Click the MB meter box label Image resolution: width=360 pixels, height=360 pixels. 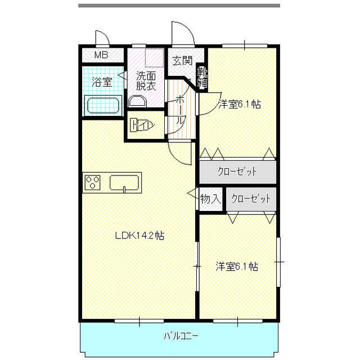click(101, 55)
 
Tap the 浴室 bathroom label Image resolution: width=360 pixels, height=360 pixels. click(102, 82)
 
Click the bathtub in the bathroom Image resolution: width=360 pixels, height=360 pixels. click(103, 105)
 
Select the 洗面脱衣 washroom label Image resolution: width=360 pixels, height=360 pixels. click(146, 80)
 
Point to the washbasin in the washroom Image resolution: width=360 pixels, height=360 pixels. click(137, 101)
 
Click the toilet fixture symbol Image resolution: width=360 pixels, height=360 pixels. click(142, 125)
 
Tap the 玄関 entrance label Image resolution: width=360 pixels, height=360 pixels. click(182, 61)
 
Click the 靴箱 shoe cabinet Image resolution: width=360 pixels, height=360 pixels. click(202, 77)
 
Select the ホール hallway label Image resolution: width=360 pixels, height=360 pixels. click(180, 110)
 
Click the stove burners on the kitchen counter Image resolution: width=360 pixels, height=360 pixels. click(92, 183)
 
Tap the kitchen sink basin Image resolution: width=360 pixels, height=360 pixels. click(124, 183)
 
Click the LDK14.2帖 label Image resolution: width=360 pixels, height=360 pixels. click(139, 236)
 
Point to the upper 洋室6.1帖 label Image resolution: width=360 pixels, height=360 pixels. click(240, 104)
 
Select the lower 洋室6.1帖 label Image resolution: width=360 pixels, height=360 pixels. click(237, 267)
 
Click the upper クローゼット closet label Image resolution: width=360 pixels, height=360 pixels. click(237, 172)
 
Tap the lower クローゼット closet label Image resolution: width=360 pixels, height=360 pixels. click(251, 199)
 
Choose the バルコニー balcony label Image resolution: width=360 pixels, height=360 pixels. click(181, 336)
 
